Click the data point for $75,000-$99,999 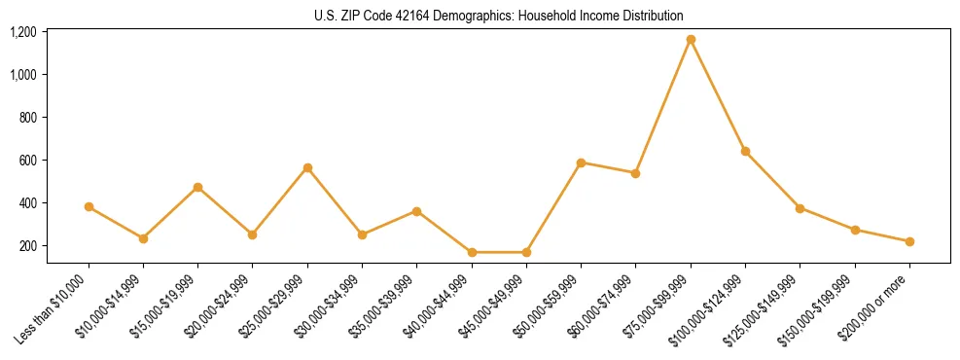tap(691, 40)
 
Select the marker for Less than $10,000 tap(89, 207)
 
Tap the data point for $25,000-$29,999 tap(307, 168)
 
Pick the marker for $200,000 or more tap(909, 241)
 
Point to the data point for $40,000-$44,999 tap(472, 252)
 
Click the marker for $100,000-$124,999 tap(745, 151)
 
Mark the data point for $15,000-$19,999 tap(198, 187)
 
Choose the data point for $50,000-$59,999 tap(581, 162)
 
